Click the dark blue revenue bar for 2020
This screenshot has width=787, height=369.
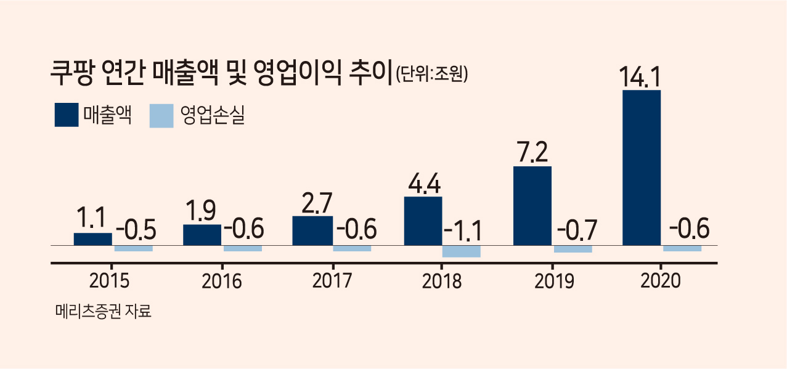point(642,168)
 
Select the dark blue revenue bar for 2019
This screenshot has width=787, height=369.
point(532,206)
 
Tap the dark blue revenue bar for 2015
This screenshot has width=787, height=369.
point(93,239)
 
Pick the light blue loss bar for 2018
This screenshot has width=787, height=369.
point(462,251)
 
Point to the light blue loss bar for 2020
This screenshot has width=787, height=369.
point(682,249)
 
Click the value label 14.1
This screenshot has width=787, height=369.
point(640,76)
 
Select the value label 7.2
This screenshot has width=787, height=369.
point(532,152)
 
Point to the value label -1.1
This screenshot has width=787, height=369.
point(462,231)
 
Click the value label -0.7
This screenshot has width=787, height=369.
point(577,230)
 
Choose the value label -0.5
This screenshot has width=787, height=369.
point(136,230)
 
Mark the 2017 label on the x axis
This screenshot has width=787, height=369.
point(332,281)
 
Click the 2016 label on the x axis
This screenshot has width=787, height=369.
point(222,282)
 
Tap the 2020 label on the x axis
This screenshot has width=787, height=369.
point(661,281)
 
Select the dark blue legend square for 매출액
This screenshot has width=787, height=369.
point(67,115)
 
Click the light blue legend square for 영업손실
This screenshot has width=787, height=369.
point(161,116)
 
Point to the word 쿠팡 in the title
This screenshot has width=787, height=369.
point(72,73)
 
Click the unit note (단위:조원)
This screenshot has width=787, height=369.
point(432,74)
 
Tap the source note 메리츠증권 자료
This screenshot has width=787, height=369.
point(104,311)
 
